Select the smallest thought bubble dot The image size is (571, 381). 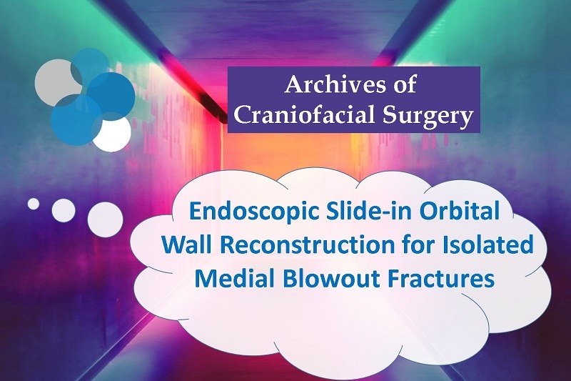pos(34,204)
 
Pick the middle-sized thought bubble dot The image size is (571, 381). pos(64,210)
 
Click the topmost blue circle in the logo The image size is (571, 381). pos(91,66)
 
